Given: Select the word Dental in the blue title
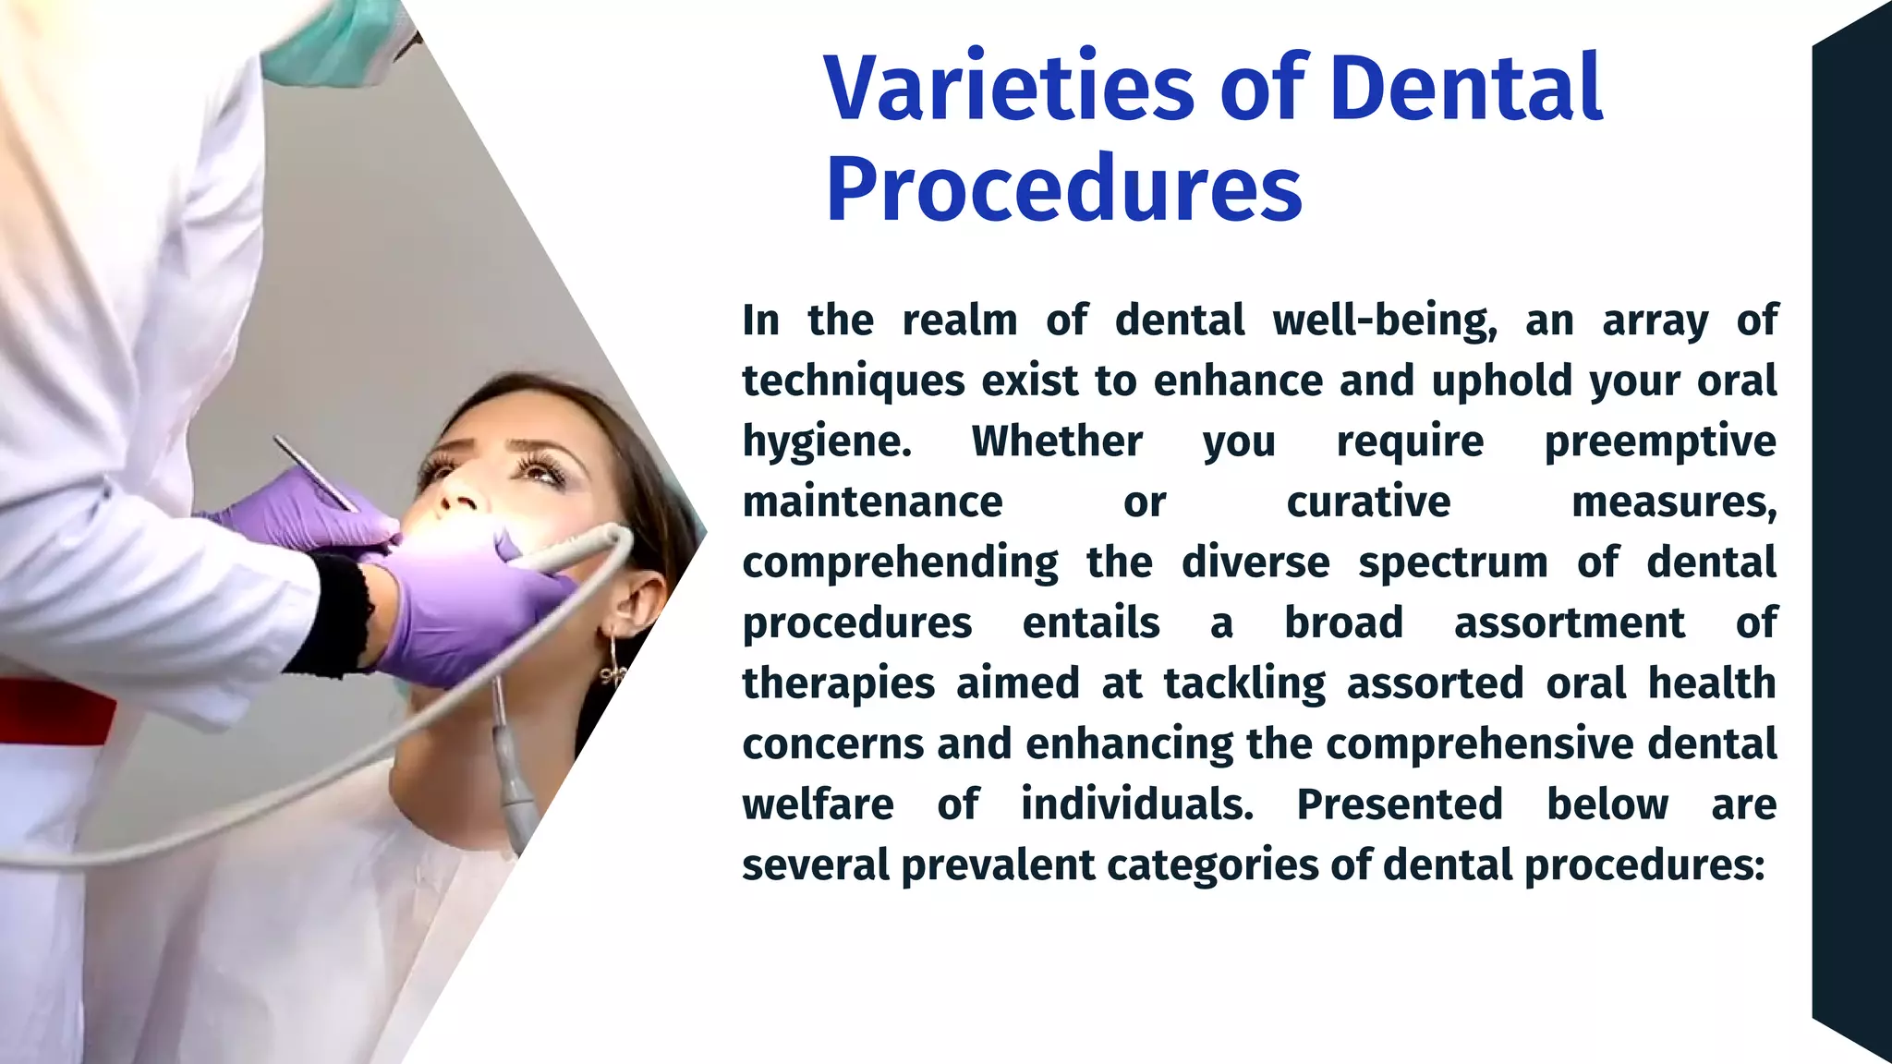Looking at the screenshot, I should click(1465, 89).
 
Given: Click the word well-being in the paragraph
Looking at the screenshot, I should click(1384, 321).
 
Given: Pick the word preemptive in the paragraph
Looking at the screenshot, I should click(1660, 441).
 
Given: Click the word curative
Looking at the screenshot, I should click(1368, 502).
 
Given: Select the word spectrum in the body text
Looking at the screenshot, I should click(1452, 562).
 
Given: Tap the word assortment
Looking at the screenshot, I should click(1569, 623).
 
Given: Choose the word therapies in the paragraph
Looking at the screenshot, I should click(839, 684).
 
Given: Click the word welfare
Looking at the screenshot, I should click(818, 804).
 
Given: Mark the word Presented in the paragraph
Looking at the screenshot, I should click(1400, 804).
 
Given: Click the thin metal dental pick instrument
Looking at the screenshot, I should click(314, 473).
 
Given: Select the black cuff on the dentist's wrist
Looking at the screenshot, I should click(337, 614).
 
